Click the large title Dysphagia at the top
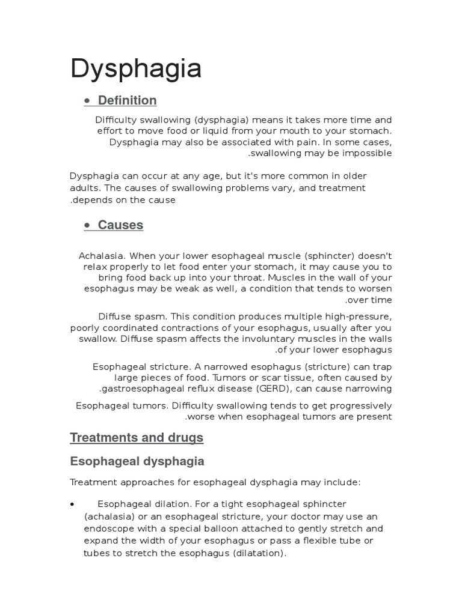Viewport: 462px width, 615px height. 136,70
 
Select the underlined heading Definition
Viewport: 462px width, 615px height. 127,100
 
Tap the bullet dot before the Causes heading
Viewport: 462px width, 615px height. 88,226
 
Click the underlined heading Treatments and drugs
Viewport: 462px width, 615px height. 137,438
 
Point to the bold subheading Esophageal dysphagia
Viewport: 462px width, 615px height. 137,461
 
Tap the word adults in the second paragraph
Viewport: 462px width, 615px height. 85,189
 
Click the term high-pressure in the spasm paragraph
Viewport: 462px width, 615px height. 360,317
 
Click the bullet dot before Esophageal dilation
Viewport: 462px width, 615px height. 72,504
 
